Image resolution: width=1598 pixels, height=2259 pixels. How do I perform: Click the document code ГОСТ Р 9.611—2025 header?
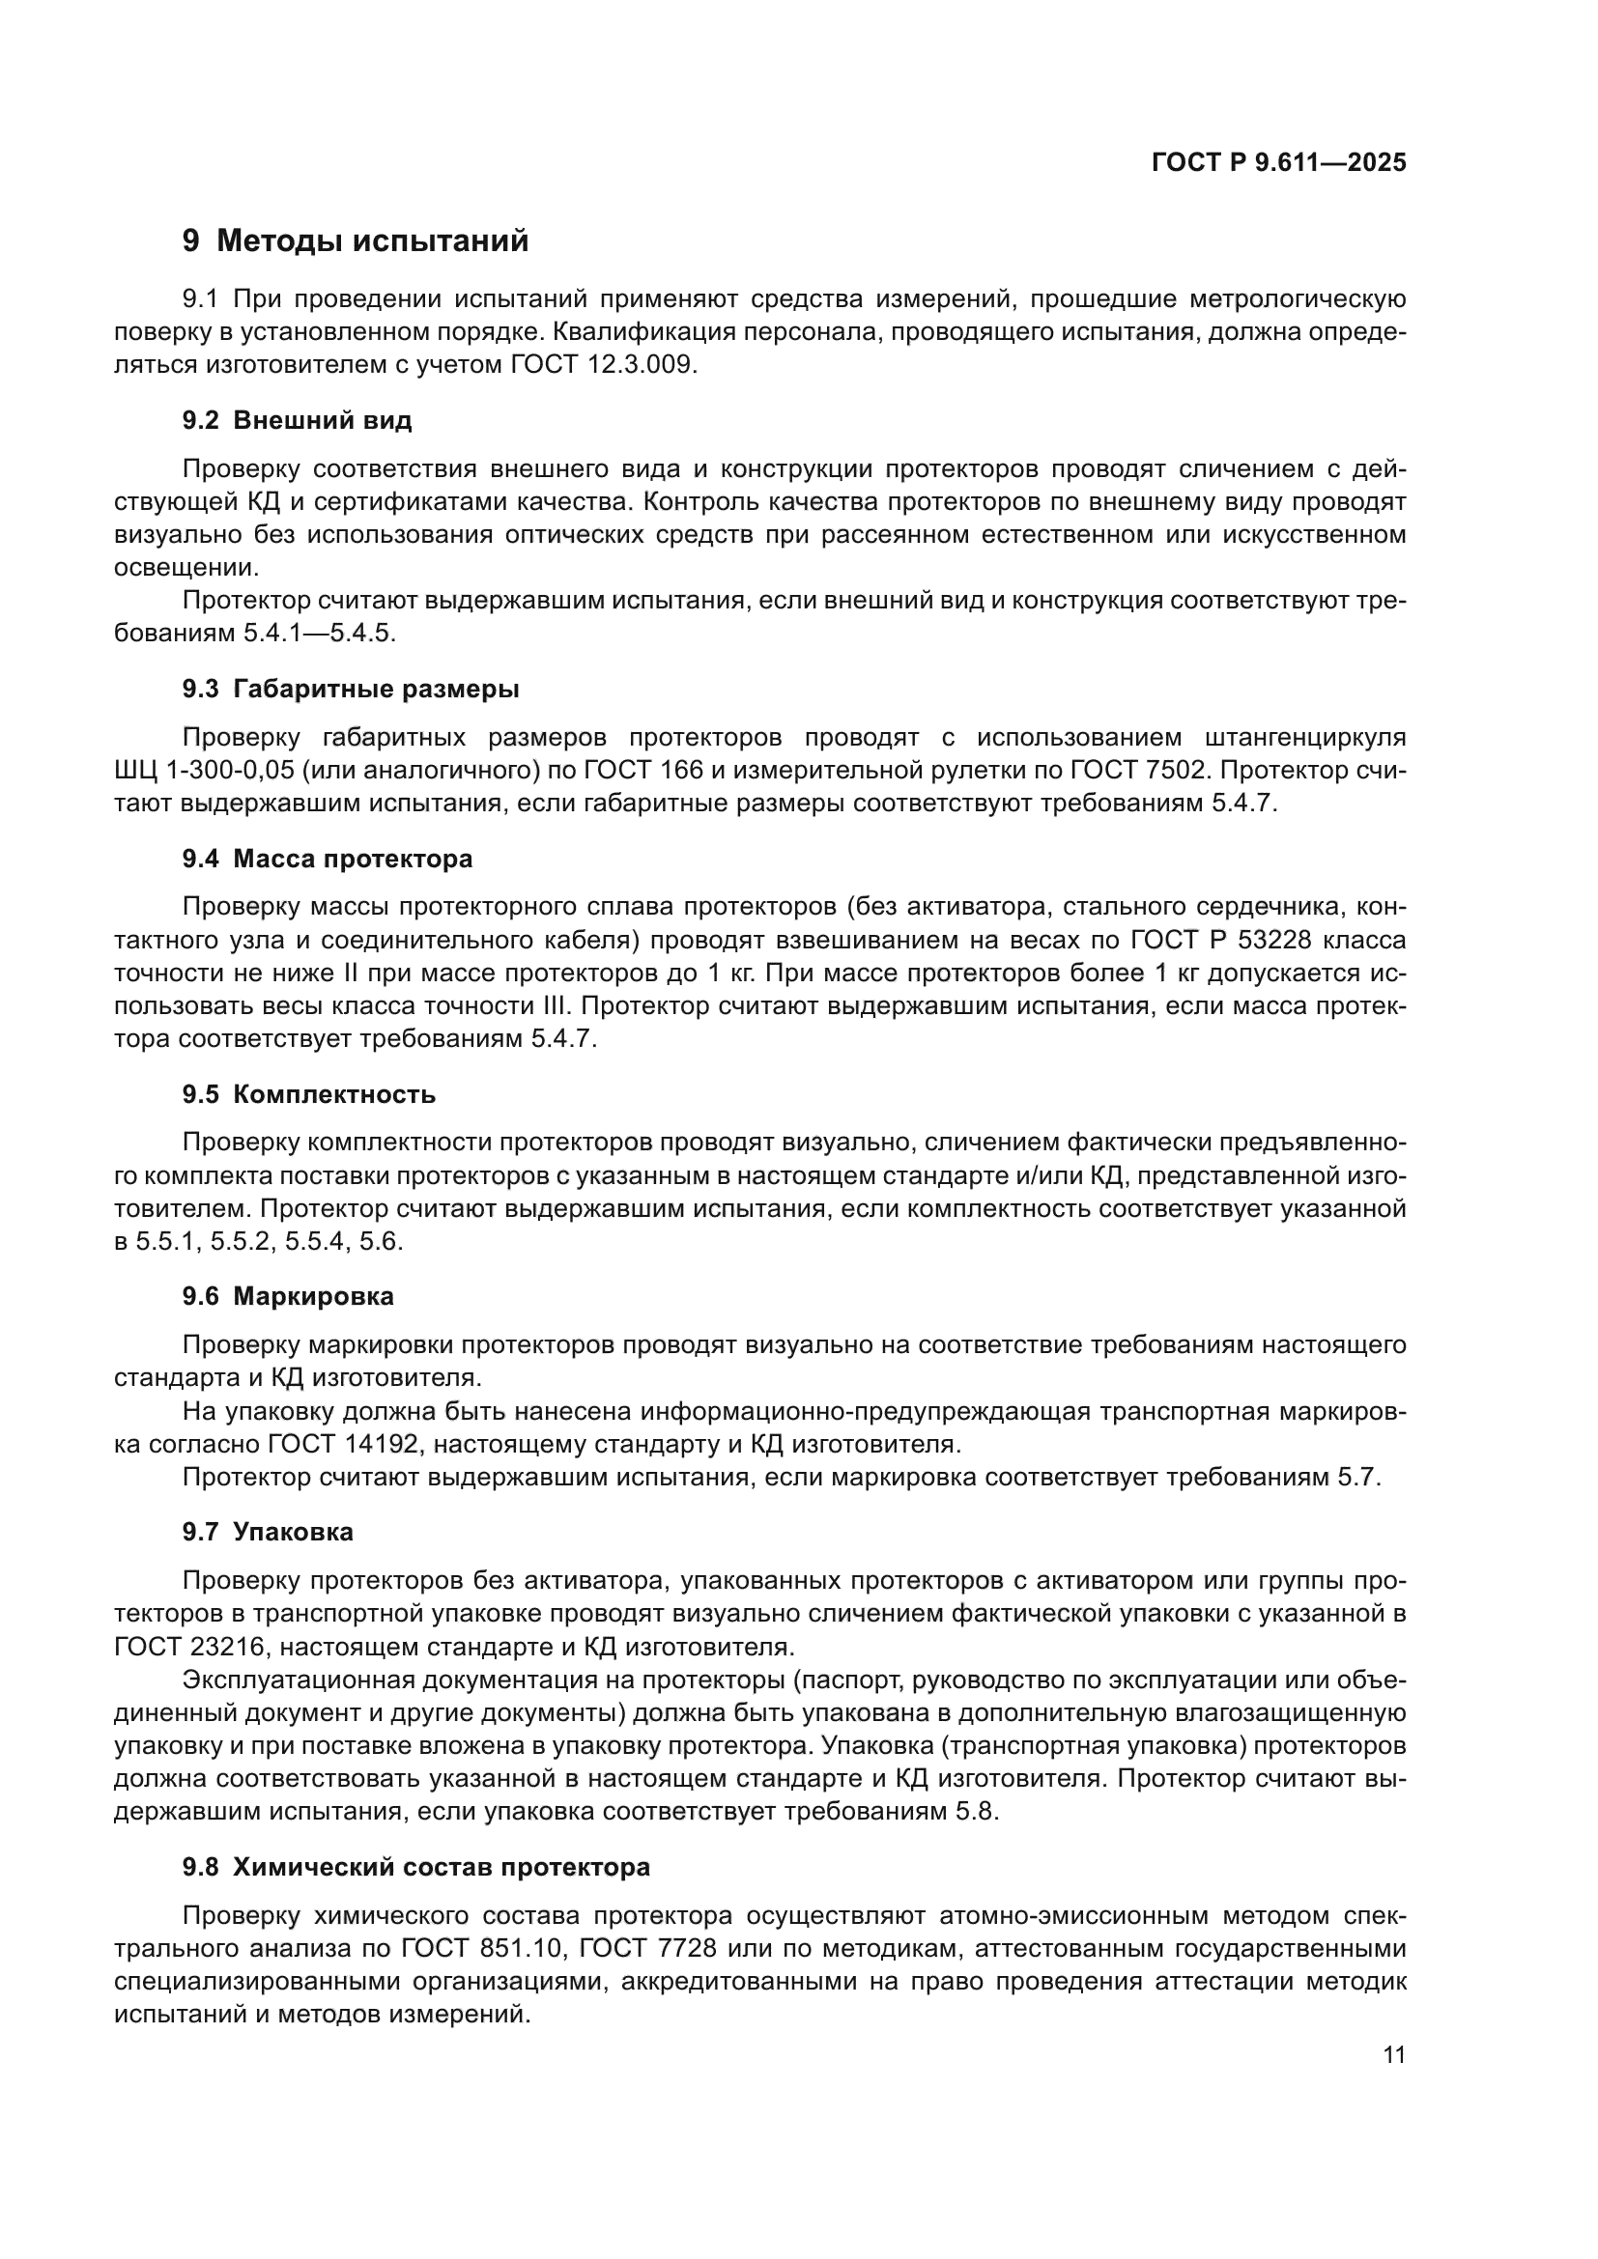point(1278,163)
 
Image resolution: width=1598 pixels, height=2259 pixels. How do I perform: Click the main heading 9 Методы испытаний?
point(356,241)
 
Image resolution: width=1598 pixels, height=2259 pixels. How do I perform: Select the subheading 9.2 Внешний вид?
point(298,421)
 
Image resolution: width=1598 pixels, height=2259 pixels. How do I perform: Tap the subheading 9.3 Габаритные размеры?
point(351,690)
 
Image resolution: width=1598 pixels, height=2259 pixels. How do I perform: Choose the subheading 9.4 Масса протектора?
point(327,859)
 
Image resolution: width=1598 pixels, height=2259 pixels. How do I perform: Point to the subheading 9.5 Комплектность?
point(309,1095)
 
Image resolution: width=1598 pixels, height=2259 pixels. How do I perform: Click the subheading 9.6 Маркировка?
point(287,1297)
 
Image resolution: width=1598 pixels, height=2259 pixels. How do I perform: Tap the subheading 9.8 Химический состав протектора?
point(416,1868)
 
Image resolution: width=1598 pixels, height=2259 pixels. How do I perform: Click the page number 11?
point(1393,2055)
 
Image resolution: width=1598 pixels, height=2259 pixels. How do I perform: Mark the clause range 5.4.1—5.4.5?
point(319,634)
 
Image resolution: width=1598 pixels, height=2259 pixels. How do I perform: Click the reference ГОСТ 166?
point(643,771)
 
